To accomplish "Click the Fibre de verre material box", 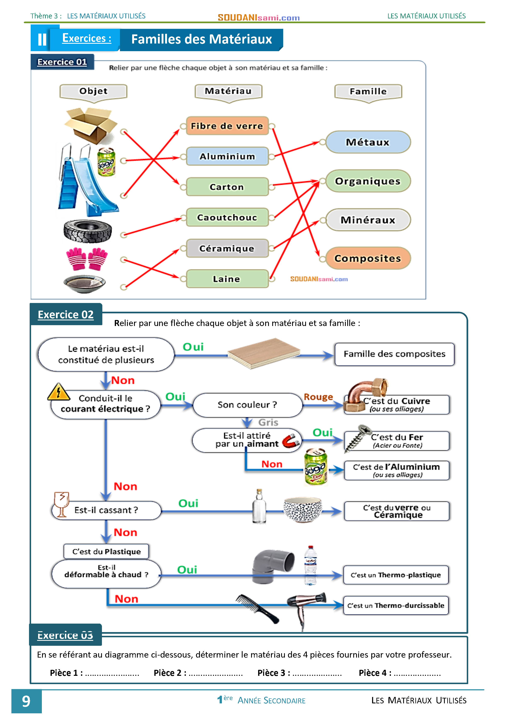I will point(227,126).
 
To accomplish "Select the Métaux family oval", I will point(368,142).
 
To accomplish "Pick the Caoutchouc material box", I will point(227,218).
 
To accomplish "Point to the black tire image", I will point(88,231).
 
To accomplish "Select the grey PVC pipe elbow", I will point(273,566).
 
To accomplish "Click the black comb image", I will point(257,608).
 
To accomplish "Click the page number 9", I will point(26,701).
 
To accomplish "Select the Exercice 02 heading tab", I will point(66,314).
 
